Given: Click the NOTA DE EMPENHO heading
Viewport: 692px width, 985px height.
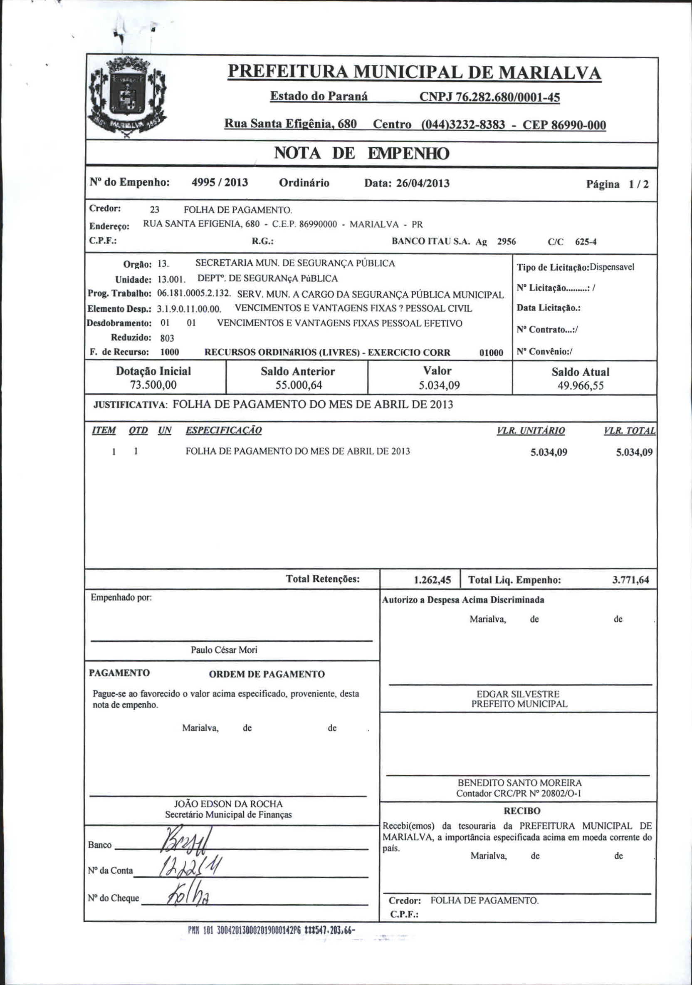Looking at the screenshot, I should pyautogui.click(x=361, y=153).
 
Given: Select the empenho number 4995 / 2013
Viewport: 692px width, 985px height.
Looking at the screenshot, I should pyautogui.click(x=220, y=183).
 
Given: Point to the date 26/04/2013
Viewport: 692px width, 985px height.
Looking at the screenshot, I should pyautogui.click(x=423, y=184).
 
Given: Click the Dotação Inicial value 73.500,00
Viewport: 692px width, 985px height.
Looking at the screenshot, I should pyautogui.click(x=153, y=385).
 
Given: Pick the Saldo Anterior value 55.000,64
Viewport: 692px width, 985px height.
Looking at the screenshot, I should pyautogui.click(x=299, y=385).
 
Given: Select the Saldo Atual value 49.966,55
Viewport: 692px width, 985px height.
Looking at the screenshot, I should pyautogui.click(x=580, y=386).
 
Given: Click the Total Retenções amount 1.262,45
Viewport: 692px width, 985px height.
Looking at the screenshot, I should pyautogui.click(x=432, y=581).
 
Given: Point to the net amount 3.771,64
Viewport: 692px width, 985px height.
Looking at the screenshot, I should pyautogui.click(x=630, y=581).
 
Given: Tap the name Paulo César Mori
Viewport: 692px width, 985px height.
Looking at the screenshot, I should pyautogui.click(x=224, y=650).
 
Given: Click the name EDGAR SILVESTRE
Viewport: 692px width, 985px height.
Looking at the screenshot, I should pyautogui.click(x=518, y=694).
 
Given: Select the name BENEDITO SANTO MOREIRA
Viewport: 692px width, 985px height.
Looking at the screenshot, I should pyautogui.click(x=520, y=783).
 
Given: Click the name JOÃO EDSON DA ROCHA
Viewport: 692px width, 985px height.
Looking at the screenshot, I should pyautogui.click(x=228, y=804).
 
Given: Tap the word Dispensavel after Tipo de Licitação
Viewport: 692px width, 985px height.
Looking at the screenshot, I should pyautogui.click(x=612, y=267).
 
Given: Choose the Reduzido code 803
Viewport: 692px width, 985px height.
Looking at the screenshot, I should pyautogui.click(x=167, y=338).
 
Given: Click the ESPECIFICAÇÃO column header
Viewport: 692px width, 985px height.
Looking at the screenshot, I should pyautogui.click(x=223, y=430).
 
